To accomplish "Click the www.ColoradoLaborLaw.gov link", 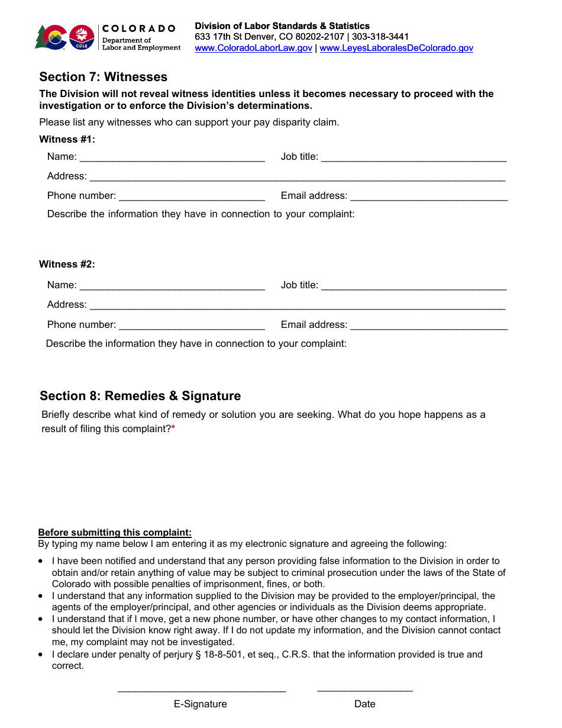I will [253, 48].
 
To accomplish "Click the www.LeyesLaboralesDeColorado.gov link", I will [396, 48].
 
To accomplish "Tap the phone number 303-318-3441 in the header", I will [380, 37].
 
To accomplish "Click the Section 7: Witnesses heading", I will [103, 77].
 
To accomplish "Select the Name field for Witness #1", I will [172, 157].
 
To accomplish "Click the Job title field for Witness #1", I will [414, 157].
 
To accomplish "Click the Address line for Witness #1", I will [297, 177].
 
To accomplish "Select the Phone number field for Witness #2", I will [192, 325].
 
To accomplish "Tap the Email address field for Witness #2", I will [429, 325].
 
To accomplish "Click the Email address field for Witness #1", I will [429, 197].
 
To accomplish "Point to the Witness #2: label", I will [67, 264].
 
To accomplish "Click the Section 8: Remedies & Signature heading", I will [140, 396].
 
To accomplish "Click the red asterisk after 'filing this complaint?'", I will [173, 429].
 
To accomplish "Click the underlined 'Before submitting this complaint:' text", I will [115, 532].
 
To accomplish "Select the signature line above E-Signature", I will [202, 690].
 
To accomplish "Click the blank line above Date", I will [364, 690].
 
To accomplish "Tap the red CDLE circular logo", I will [82, 37].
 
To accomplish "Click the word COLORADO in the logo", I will [139, 28].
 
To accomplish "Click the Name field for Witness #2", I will [172, 286].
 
